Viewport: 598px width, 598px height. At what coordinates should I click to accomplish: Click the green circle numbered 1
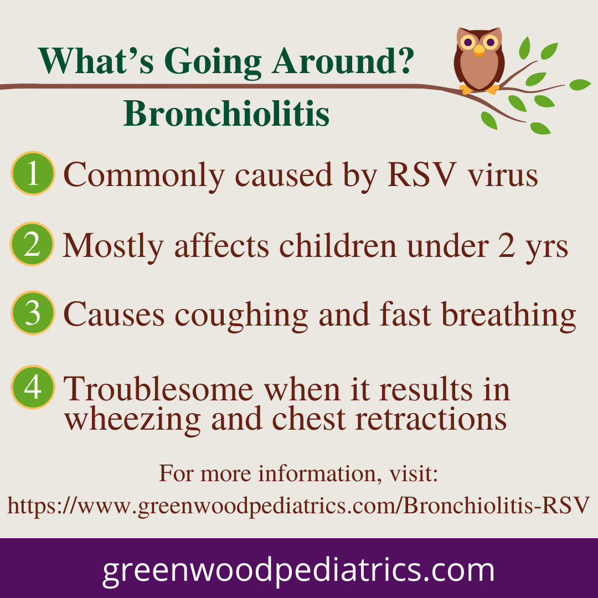tap(33, 173)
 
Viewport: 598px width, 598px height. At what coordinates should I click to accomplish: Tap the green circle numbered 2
tap(32, 244)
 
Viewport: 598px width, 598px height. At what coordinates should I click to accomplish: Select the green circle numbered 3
tap(33, 313)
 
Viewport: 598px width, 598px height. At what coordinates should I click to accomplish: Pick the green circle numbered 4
tap(33, 387)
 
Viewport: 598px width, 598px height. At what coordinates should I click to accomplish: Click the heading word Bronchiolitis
tap(226, 114)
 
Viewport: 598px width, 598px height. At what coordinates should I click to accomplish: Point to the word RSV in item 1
tap(422, 174)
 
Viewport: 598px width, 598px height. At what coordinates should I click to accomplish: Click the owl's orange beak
tap(479, 50)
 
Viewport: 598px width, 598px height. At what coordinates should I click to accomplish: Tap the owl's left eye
tap(468, 42)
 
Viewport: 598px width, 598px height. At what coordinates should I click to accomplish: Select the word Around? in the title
tap(343, 61)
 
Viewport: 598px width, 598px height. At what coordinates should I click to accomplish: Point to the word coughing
tap(241, 316)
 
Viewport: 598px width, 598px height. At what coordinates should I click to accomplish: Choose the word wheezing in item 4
tap(132, 420)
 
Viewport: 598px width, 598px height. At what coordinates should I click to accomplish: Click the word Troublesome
tap(158, 389)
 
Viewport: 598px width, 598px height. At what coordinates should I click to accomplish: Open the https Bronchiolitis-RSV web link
tap(298, 506)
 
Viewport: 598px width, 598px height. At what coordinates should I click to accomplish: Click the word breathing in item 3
tap(509, 316)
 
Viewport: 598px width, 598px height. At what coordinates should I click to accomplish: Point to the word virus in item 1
tap(503, 176)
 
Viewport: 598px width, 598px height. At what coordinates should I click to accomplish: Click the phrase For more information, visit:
tap(298, 473)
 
